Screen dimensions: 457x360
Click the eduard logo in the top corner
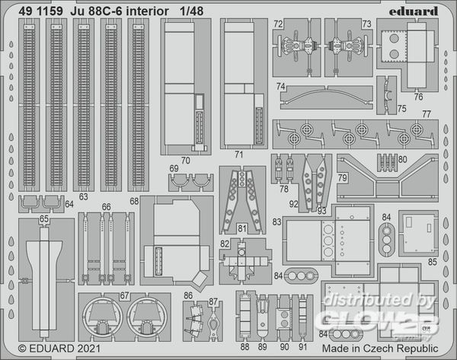coord(414,11)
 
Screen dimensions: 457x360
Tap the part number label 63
coord(83,196)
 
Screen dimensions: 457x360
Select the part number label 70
coord(185,161)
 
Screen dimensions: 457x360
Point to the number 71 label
coord(238,155)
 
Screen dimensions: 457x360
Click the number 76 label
coord(418,97)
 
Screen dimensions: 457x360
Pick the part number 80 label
coord(402,159)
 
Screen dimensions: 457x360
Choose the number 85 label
coord(433,262)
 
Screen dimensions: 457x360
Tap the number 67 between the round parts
coord(124,295)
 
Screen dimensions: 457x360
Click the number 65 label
coord(43,218)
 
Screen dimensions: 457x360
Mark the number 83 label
coord(276,222)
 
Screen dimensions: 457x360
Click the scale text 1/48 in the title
coord(191,11)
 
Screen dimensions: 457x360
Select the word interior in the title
coord(148,11)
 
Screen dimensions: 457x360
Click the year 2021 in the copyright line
coord(89,349)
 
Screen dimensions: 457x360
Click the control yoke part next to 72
coord(298,46)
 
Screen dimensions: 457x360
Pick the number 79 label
coord(343,177)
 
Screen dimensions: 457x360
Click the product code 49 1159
coord(40,11)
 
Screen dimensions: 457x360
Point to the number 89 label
coord(262,347)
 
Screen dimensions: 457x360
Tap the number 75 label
coord(401,109)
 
